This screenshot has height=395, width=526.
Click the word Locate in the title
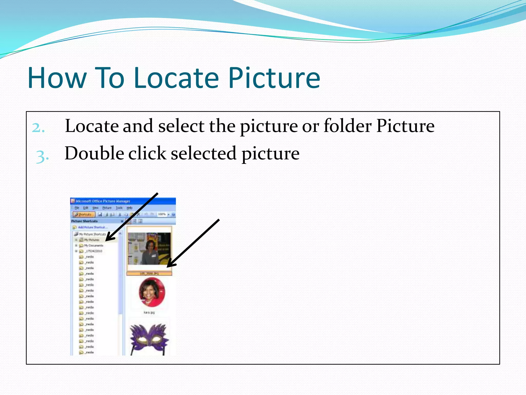point(176,78)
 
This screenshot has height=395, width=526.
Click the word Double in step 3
point(94,154)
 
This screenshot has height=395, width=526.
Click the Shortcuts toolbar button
point(84,214)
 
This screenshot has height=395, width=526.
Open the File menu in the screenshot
point(77,208)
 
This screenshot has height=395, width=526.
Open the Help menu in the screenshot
point(129,208)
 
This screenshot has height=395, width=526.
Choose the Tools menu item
point(119,208)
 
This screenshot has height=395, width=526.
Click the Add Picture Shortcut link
point(92,227)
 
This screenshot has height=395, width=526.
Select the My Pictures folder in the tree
point(91,240)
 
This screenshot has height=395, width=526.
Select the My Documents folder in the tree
point(93,246)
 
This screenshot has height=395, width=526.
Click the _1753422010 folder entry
point(94,251)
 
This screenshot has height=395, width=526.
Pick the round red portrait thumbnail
point(152,292)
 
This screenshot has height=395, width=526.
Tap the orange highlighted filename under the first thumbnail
point(149,274)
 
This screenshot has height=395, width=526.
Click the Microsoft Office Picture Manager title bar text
point(103,201)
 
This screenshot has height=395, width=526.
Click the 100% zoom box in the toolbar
point(162,214)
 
